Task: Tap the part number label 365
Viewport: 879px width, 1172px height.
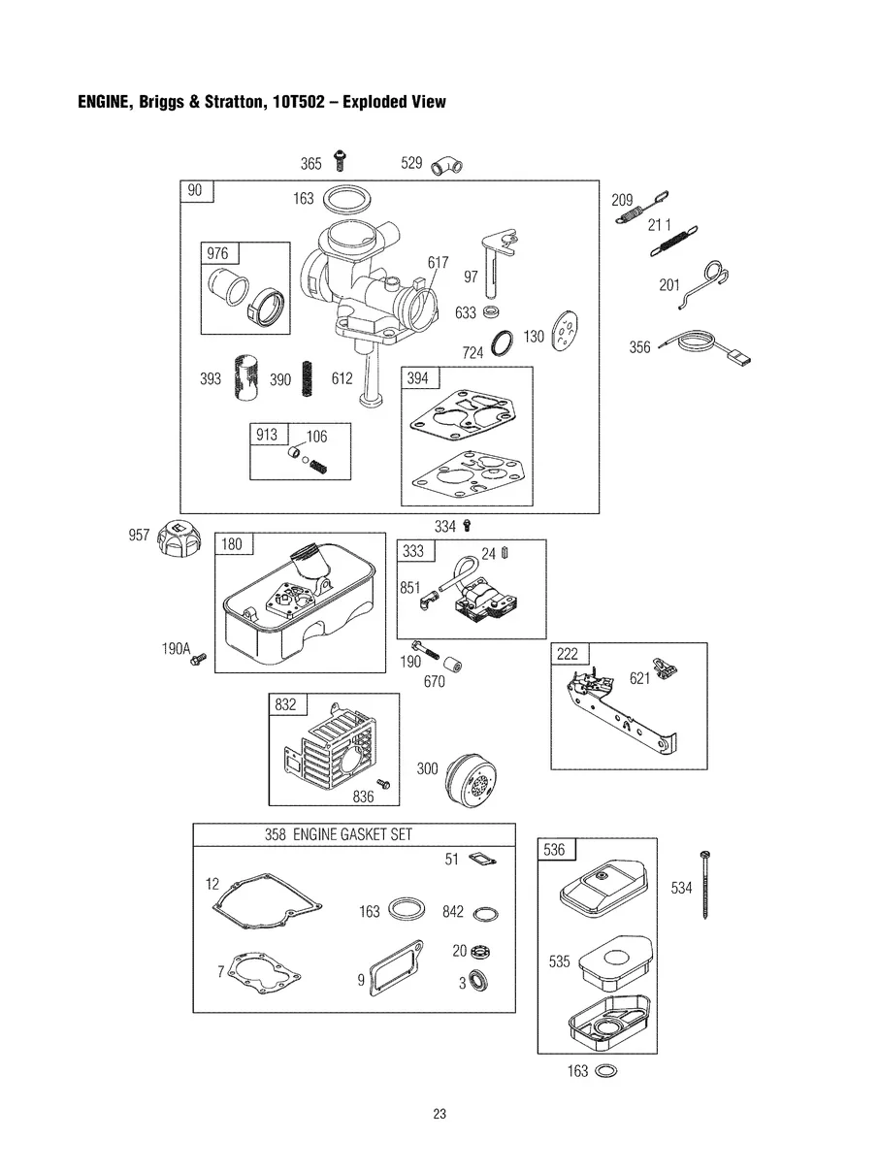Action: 310,164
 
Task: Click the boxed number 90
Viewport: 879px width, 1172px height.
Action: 195,191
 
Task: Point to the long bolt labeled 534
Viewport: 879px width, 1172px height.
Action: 705,885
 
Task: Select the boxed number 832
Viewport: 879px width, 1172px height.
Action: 285,705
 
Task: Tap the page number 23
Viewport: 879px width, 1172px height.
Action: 439,1115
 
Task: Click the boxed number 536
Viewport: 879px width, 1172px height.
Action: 553,850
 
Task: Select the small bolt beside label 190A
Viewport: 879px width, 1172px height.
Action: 199,660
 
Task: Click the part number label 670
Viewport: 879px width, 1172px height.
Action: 434,682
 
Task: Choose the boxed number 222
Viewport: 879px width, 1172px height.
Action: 567,654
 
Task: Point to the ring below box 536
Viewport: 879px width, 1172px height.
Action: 605,1071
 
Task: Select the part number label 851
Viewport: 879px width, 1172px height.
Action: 409,587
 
